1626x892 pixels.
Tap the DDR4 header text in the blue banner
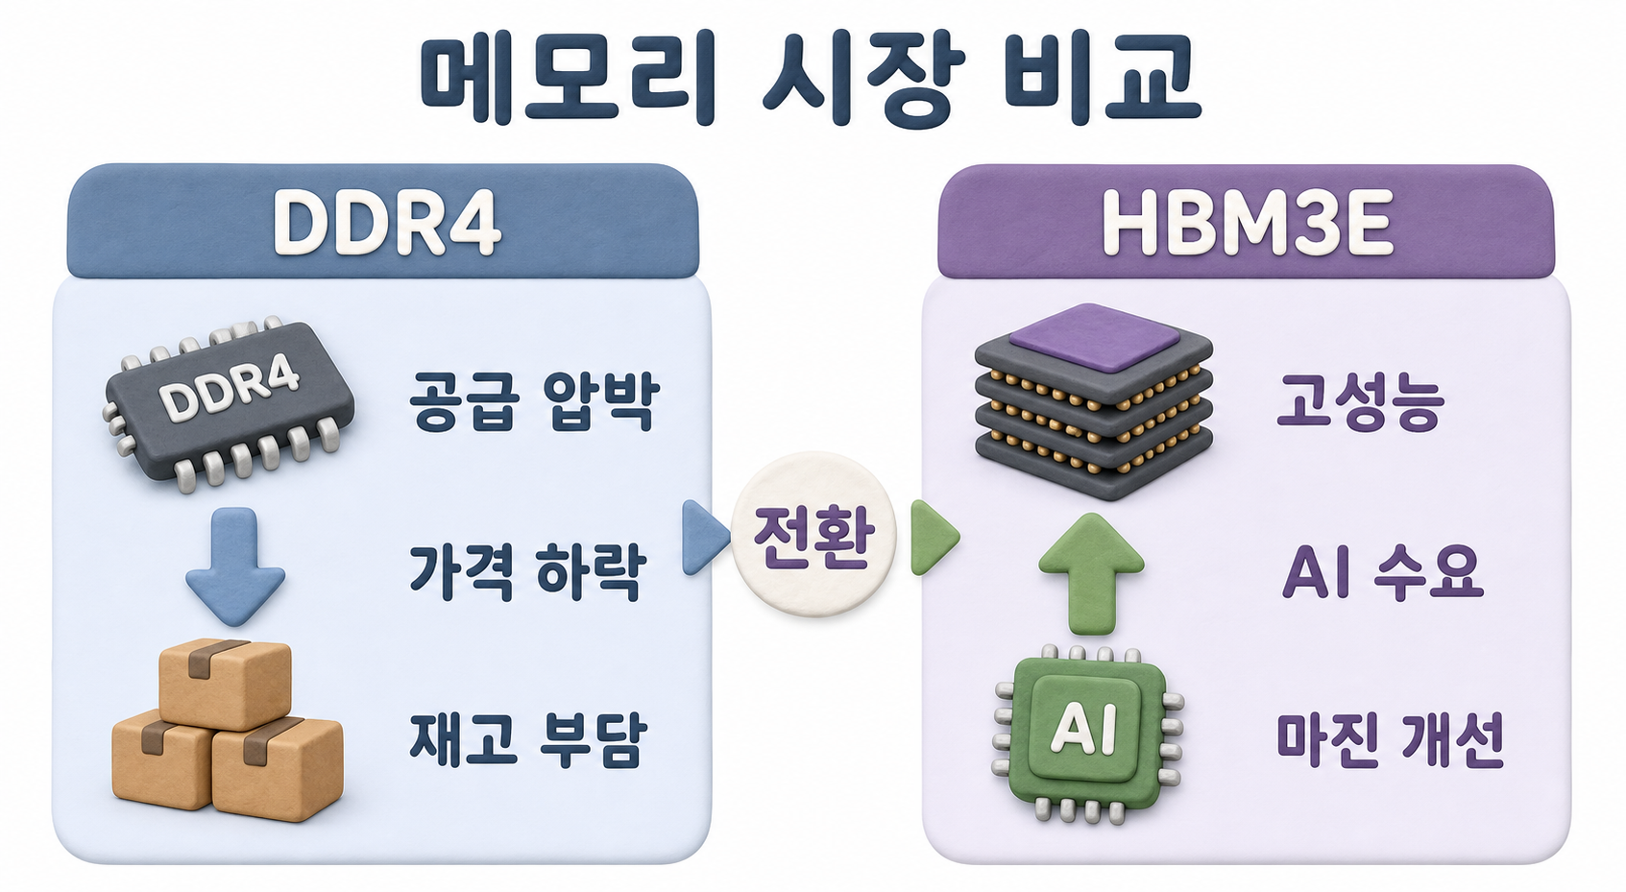tap(387, 223)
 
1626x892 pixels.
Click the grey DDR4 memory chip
tap(230, 403)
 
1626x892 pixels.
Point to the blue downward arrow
tap(235, 567)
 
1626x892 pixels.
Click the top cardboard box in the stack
tap(225, 683)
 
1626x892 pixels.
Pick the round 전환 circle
tap(813, 535)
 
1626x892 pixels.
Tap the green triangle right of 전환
tap(934, 537)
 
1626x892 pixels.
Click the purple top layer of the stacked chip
tap(1095, 337)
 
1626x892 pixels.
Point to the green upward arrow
tap(1091, 573)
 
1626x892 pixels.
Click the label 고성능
tap(1360, 403)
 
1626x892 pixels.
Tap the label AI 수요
tap(1383, 571)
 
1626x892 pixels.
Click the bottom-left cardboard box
tap(163, 759)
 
